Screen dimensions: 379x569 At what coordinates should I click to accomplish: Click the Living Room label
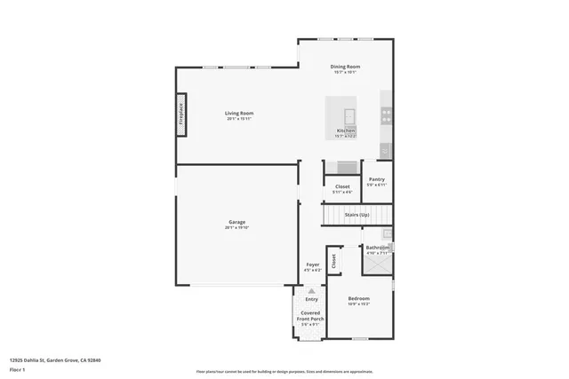tap(239, 113)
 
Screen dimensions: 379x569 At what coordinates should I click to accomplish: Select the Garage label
tap(236, 222)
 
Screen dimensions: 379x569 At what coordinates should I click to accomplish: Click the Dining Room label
tap(345, 67)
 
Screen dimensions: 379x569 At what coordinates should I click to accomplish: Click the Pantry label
tap(377, 179)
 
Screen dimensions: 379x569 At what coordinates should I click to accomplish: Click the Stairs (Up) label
tap(357, 214)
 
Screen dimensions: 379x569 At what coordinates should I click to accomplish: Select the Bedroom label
tap(358, 298)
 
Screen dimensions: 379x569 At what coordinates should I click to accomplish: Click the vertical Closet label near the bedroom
tap(334, 261)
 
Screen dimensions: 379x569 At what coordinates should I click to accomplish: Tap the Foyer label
tap(313, 265)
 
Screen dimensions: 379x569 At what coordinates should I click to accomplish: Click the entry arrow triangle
tap(311, 289)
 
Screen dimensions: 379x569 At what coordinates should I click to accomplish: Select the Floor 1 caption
tap(18, 368)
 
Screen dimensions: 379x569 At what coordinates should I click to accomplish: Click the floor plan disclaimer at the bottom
tap(285, 372)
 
